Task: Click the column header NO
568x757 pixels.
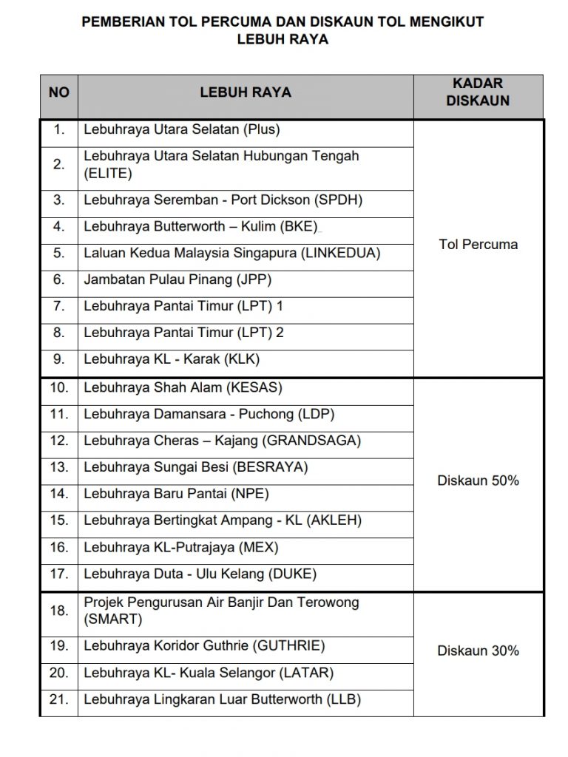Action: [x=58, y=93]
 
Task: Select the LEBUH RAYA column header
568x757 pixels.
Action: [x=246, y=93]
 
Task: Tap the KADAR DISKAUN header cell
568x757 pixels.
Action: [x=478, y=92]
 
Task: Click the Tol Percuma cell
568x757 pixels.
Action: [x=478, y=245]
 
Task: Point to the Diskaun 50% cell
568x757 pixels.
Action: [x=478, y=481]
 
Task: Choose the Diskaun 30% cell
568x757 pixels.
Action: [x=478, y=651]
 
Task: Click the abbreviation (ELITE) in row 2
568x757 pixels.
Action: [x=108, y=174]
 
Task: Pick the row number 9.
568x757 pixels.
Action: [x=59, y=359]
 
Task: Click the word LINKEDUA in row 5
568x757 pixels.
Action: [x=340, y=253]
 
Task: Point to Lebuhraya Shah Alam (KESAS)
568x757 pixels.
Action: [x=183, y=387]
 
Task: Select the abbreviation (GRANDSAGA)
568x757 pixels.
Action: [x=312, y=441]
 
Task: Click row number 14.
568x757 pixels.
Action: [x=59, y=494]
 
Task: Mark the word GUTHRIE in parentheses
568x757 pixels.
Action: [x=289, y=646]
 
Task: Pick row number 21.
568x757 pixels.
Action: [x=59, y=699]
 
